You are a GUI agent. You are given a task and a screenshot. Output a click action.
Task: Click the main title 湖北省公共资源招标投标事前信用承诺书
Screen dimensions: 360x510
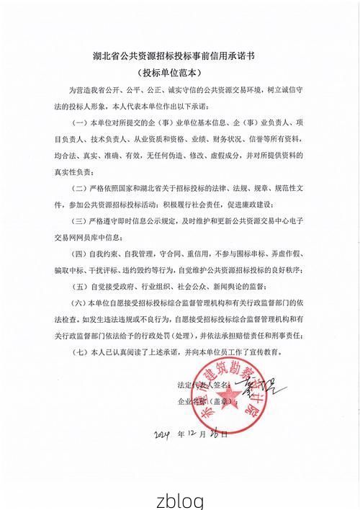(180, 54)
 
